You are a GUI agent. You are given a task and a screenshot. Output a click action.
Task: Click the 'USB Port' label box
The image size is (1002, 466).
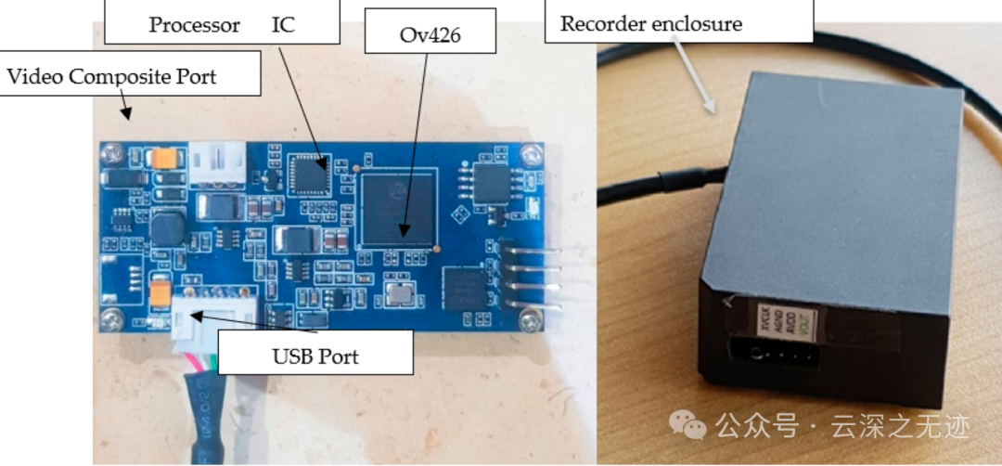click(315, 356)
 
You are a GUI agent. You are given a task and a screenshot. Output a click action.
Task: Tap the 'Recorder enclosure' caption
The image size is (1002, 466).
click(651, 24)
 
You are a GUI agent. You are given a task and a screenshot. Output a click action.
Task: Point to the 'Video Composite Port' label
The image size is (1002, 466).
click(112, 76)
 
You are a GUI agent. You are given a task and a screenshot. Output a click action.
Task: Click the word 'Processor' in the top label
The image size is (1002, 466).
click(195, 24)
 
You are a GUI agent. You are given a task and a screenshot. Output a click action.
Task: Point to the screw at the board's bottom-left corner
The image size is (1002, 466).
click(112, 318)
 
